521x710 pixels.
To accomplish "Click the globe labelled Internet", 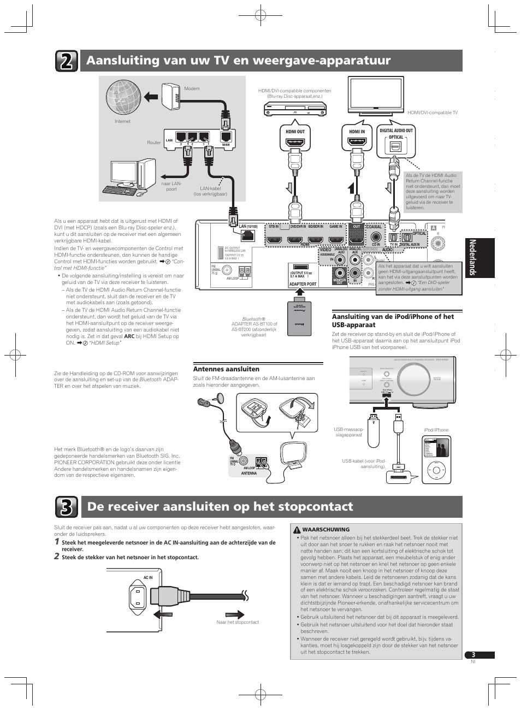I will coord(123,97).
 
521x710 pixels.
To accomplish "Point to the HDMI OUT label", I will coord(295,132).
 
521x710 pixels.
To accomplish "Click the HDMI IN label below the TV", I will coord(357,132).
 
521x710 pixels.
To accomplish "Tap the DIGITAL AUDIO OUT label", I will coord(396,131).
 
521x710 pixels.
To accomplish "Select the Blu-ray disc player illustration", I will coord(295,110).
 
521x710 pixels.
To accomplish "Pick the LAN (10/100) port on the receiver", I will coord(247,235).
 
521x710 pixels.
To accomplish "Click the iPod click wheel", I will coord(435,469).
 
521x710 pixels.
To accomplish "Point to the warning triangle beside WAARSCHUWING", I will coord(297,529).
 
